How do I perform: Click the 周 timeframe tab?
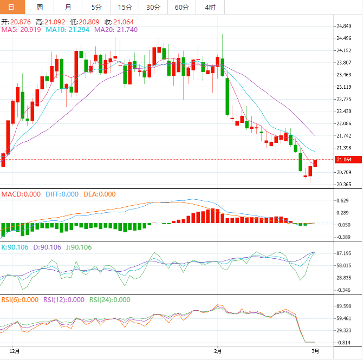[x=40, y=7]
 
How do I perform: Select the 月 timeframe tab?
[x=68, y=7]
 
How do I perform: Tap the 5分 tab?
[x=96, y=7]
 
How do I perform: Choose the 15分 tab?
[x=125, y=7]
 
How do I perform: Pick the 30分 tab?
[x=153, y=7]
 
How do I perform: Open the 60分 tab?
[x=182, y=7]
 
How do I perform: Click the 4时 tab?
[x=210, y=7]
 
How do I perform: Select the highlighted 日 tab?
[x=12, y=7]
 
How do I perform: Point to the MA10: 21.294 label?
[x=68, y=30]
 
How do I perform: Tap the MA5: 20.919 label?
[x=21, y=30]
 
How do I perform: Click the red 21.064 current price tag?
[x=344, y=160]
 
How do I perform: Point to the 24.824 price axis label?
[x=345, y=26]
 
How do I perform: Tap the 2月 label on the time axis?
[x=218, y=351]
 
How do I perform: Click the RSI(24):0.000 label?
[x=110, y=299]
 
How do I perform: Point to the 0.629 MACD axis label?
[x=343, y=200]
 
